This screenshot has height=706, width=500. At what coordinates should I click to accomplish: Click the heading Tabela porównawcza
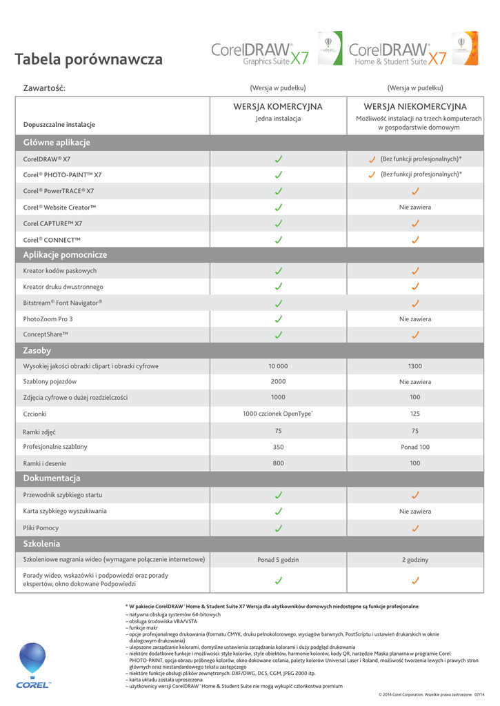click(x=89, y=60)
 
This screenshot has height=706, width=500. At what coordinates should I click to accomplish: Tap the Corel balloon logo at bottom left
click(x=33, y=663)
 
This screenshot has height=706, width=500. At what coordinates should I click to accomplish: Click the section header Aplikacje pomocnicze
click(x=65, y=255)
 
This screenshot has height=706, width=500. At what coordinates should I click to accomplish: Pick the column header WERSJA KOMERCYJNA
click(x=278, y=107)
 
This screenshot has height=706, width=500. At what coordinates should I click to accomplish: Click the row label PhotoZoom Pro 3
click(x=48, y=319)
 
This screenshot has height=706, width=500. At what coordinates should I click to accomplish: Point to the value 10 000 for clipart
click(x=278, y=366)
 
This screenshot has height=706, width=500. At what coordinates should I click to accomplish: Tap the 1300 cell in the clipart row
click(x=415, y=366)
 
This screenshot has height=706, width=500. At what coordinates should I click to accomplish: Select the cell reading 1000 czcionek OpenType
click(x=278, y=414)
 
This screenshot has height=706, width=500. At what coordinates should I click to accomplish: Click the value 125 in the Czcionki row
click(x=415, y=414)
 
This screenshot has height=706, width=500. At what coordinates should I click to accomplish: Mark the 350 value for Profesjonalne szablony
click(x=278, y=447)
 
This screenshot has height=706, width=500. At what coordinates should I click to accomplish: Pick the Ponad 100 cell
click(x=415, y=447)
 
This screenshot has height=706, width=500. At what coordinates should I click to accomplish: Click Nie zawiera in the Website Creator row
click(x=415, y=207)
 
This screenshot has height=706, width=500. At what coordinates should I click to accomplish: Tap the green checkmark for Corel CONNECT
click(x=278, y=240)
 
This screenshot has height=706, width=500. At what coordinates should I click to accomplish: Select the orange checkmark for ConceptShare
click(x=415, y=335)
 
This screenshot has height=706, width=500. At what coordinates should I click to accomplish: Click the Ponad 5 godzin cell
click(x=278, y=560)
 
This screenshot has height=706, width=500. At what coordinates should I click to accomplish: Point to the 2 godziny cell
click(x=415, y=560)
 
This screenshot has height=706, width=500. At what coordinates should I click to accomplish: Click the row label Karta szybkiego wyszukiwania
click(x=65, y=512)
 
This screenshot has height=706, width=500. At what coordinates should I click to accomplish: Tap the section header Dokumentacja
click(x=52, y=478)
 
